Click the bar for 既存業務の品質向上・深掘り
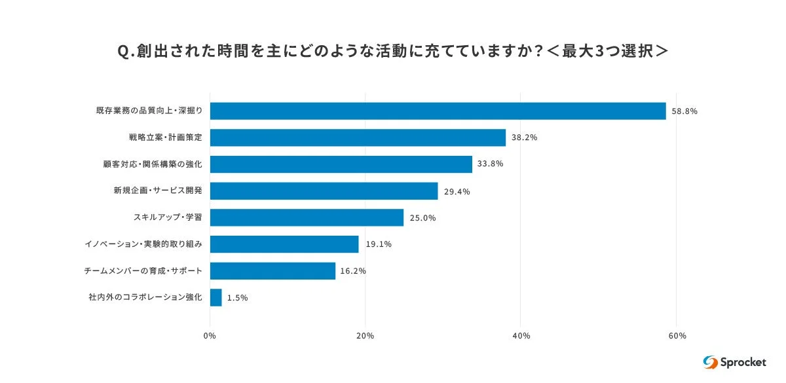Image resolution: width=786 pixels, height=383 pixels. click(438, 111)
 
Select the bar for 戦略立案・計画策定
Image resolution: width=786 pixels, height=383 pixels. click(358, 137)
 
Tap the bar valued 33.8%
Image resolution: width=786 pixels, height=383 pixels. click(341, 164)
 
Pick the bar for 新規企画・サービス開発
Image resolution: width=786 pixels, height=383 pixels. click(324, 191)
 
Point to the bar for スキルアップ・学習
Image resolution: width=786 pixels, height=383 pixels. click(307, 217)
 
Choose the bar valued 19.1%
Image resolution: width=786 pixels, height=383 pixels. click(284, 244)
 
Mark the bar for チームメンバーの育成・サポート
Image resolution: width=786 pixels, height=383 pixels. click(272, 271)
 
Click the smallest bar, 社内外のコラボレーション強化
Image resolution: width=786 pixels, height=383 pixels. click(216, 298)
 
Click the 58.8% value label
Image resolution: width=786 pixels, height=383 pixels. click(684, 111)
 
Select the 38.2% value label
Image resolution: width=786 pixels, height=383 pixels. click(525, 138)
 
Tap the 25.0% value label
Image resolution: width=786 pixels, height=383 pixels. click(422, 218)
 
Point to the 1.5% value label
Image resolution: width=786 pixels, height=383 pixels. click(238, 299)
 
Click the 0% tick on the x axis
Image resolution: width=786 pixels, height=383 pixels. click(210, 336)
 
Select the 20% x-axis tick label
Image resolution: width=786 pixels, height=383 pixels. click(365, 336)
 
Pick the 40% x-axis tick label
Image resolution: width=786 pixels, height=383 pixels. click(521, 336)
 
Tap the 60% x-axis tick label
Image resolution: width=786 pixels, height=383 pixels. click(677, 336)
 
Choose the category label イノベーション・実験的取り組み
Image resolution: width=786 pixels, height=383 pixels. click(143, 244)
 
